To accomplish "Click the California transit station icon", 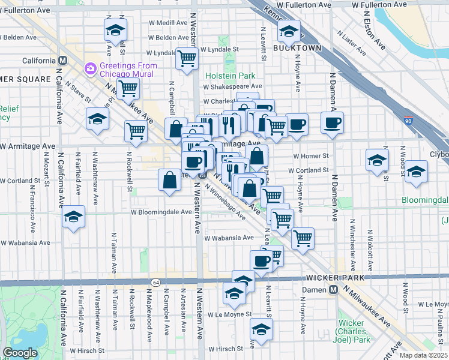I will point(62,61).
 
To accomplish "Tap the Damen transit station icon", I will point(333,290).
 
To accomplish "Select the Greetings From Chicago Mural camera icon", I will point(91,68).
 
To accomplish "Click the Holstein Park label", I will point(230,76).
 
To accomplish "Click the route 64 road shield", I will point(156,282).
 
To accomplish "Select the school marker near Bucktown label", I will point(289,31).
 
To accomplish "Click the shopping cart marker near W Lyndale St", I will point(187,58).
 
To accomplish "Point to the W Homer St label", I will point(311,156).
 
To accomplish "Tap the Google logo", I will point(20,352).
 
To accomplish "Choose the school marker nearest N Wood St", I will point(415,171).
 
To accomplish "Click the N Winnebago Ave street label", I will point(224,200).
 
